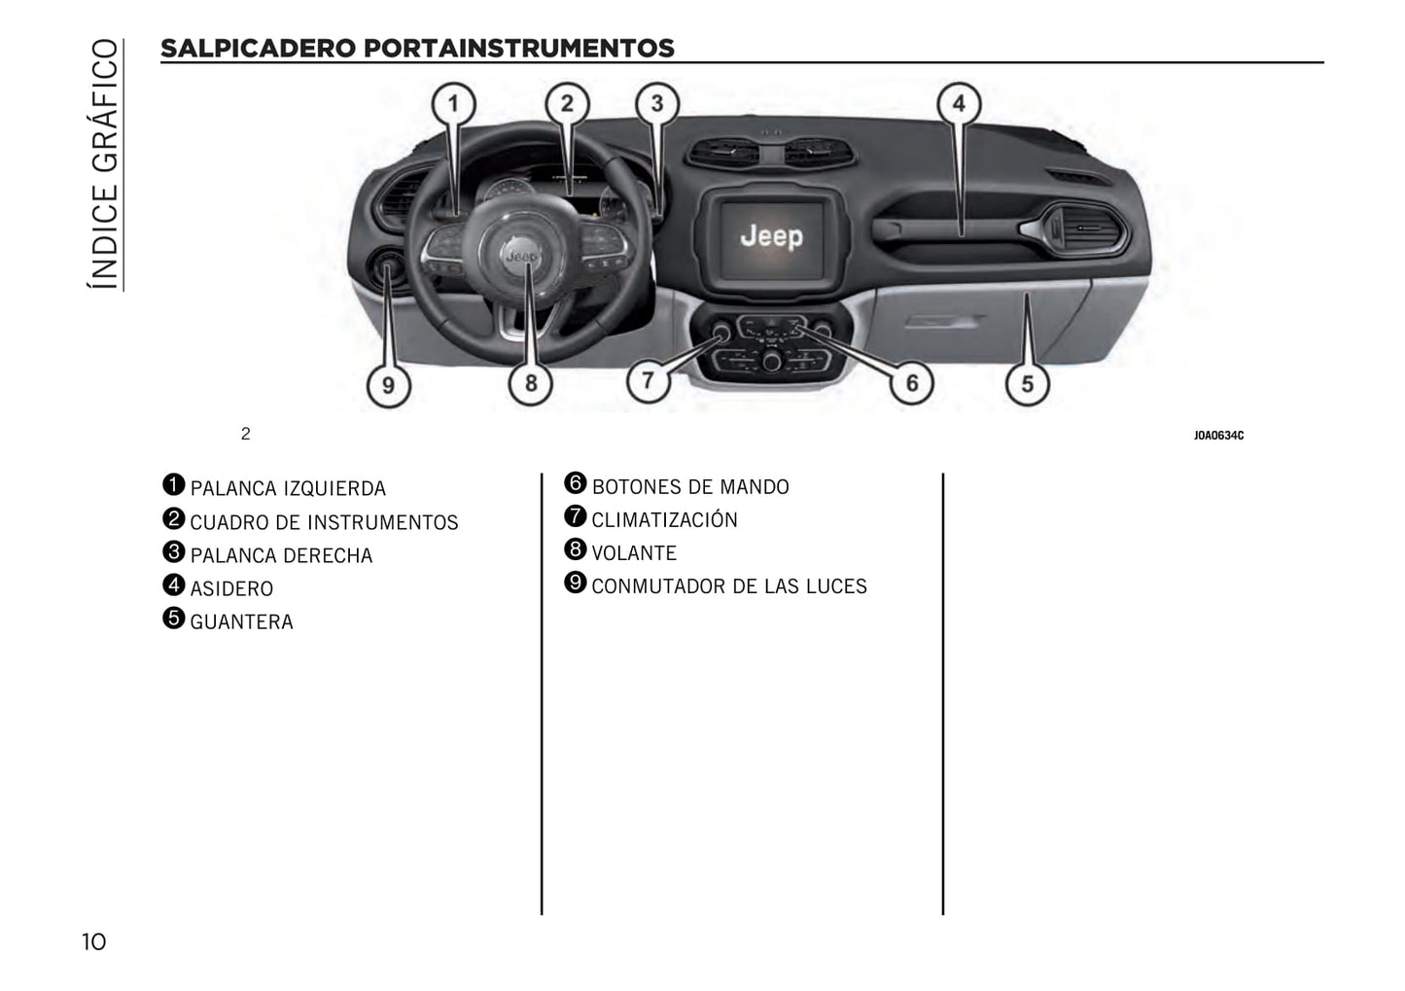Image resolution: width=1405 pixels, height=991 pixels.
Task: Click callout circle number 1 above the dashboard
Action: point(453,104)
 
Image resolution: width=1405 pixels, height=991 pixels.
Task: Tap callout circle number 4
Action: point(959,103)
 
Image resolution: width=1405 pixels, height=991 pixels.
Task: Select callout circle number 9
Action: point(389,385)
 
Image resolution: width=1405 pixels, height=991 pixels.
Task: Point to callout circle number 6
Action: point(912,382)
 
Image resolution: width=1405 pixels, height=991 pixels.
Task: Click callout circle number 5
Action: point(1028,383)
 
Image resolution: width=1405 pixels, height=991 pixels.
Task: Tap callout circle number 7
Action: point(649,380)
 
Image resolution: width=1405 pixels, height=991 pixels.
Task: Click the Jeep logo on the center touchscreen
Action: point(771,236)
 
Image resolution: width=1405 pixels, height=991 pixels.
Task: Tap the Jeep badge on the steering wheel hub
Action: point(520,256)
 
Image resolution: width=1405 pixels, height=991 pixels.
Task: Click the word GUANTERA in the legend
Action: point(241,622)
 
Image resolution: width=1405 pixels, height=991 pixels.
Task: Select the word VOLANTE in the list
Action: point(634,553)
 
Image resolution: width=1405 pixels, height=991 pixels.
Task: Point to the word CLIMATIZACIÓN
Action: point(665,519)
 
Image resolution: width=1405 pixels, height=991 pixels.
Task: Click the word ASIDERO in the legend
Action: point(231,589)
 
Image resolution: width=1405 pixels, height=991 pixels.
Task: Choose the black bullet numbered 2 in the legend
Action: point(173,518)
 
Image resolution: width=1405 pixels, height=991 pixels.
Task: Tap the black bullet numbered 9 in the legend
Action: point(575,583)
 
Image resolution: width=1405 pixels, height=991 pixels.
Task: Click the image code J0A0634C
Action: point(1218,436)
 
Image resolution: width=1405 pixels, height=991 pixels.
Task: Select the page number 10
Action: point(94,942)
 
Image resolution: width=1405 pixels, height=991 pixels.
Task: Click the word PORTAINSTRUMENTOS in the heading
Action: point(518,49)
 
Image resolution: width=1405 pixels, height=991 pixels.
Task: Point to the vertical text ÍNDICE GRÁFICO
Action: point(104,163)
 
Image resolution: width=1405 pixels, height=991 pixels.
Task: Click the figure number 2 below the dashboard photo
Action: point(245,434)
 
